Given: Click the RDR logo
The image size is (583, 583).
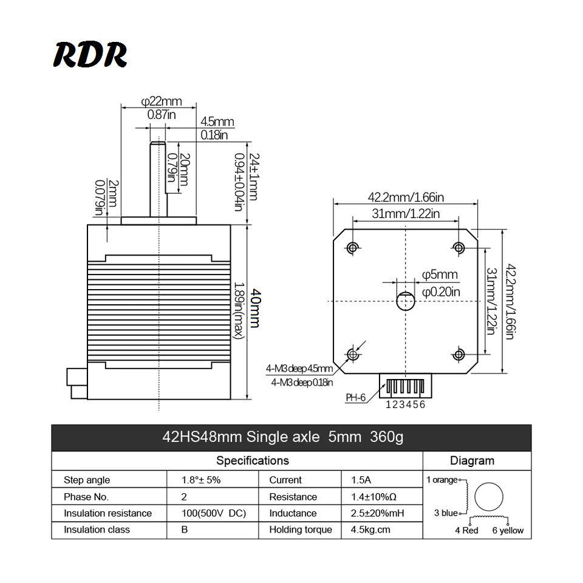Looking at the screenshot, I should pyautogui.click(x=90, y=55).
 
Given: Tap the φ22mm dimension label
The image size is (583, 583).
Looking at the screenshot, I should pyautogui.click(x=162, y=101).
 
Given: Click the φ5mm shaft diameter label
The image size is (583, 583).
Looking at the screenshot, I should pyautogui.click(x=440, y=275).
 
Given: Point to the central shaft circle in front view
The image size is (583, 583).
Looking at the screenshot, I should pyautogui.click(x=405, y=300).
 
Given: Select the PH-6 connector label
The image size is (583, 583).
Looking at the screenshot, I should pyautogui.click(x=356, y=398).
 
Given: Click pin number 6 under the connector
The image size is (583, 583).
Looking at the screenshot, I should pyautogui.click(x=423, y=405).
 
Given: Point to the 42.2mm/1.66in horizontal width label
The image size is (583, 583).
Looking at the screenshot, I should pyautogui.click(x=406, y=197).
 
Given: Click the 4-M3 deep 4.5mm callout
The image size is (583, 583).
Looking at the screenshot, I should pyautogui.click(x=299, y=369).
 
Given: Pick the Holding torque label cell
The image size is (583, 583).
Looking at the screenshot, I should pyautogui.click(x=301, y=530).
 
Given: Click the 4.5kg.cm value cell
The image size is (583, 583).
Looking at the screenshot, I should pyautogui.click(x=370, y=530).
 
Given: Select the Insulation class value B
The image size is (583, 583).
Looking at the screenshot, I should pyautogui.click(x=185, y=530).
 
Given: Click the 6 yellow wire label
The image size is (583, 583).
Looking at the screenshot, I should pyautogui.click(x=508, y=530).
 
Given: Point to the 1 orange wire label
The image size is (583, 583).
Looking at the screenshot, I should pyautogui.click(x=442, y=480).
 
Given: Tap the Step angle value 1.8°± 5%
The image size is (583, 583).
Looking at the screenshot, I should pyautogui.click(x=200, y=480).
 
